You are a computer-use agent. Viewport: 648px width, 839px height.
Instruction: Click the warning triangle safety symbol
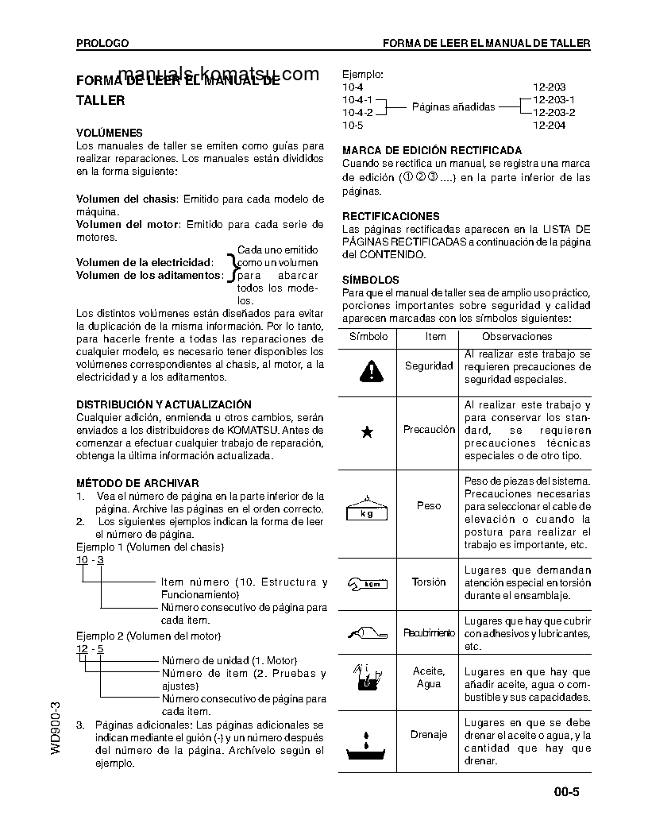tap(368, 369)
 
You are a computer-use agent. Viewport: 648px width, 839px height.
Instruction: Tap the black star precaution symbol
tap(367, 432)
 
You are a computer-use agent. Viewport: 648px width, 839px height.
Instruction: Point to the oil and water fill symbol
tap(366, 676)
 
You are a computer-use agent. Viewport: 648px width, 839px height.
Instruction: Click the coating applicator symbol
tap(367, 633)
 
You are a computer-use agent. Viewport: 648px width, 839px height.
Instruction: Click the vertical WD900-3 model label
tap(55, 728)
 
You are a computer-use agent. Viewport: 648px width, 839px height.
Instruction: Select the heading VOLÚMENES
tap(110, 133)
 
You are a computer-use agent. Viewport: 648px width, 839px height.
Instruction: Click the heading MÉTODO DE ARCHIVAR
tap(137, 483)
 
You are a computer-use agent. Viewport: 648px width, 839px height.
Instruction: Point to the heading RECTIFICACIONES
tap(390, 216)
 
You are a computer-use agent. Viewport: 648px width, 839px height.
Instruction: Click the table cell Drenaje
tap(429, 735)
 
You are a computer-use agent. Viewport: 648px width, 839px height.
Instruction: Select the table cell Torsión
tap(429, 582)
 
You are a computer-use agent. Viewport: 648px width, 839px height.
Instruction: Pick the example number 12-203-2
tap(553, 113)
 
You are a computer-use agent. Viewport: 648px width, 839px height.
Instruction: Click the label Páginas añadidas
tap(453, 106)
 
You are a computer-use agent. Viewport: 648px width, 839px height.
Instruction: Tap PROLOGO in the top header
tap(102, 43)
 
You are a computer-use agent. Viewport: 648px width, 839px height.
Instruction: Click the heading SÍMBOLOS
tap(370, 280)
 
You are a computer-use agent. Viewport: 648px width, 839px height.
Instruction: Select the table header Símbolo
tap(368, 337)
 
